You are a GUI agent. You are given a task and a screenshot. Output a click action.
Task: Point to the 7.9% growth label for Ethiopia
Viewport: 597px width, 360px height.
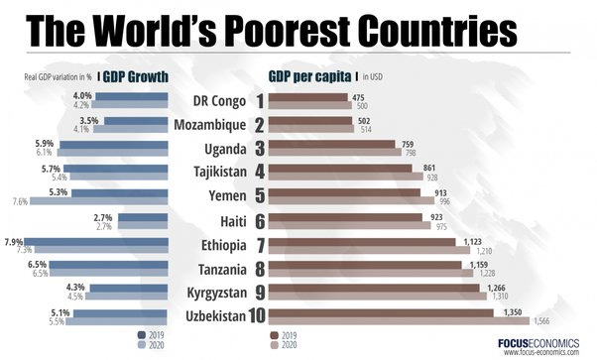(15, 241)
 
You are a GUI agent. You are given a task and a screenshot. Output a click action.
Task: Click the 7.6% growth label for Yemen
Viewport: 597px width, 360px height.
(20, 201)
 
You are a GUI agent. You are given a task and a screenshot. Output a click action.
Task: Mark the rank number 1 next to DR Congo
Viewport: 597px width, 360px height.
(259, 100)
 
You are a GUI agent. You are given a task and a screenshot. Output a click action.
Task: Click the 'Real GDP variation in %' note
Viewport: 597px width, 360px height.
(59, 77)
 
